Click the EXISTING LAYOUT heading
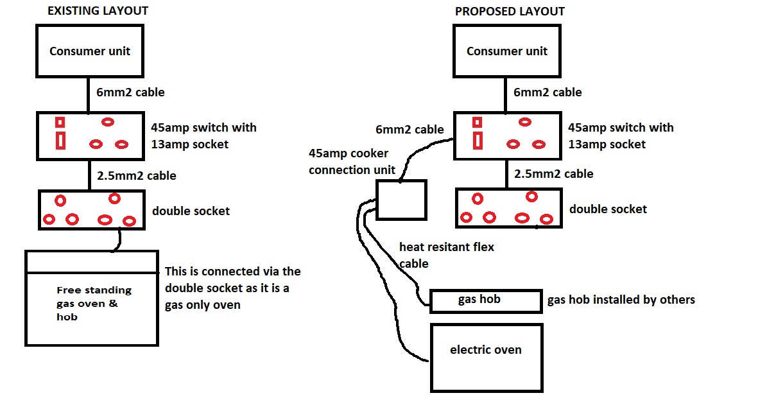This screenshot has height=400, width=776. pyautogui.click(x=98, y=11)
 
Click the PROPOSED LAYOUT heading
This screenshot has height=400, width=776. pyautogui.click(x=510, y=12)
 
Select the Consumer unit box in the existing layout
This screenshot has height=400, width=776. pyautogui.click(x=90, y=51)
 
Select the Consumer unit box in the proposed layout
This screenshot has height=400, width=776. pyautogui.click(x=506, y=51)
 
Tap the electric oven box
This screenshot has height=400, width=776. pyautogui.click(x=486, y=357)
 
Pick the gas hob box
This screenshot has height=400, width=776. pyautogui.click(x=485, y=300)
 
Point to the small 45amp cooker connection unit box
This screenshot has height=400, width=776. pyautogui.click(x=401, y=200)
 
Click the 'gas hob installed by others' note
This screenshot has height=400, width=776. pyautogui.click(x=621, y=299)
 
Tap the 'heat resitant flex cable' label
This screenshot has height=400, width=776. pyautogui.click(x=446, y=255)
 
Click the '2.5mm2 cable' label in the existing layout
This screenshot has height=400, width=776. pyautogui.click(x=136, y=175)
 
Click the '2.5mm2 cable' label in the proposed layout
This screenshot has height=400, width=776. pyautogui.click(x=553, y=173)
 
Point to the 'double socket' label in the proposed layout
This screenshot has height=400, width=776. pyautogui.click(x=608, y=209)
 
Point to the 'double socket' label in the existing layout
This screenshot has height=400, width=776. pyautogui.click(x=191, y=211)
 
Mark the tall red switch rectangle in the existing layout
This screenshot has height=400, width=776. pyautogui.click(x=60, y=140)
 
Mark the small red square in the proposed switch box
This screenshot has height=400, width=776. pyautogui.click(x=477, y=122)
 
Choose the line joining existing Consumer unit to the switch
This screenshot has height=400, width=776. pyautogui.click(x=89, y=94)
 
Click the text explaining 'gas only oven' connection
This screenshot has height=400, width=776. pyautogui.click(x=232, y=288)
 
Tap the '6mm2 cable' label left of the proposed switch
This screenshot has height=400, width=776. pyautogui.click(x=410, y=130)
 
